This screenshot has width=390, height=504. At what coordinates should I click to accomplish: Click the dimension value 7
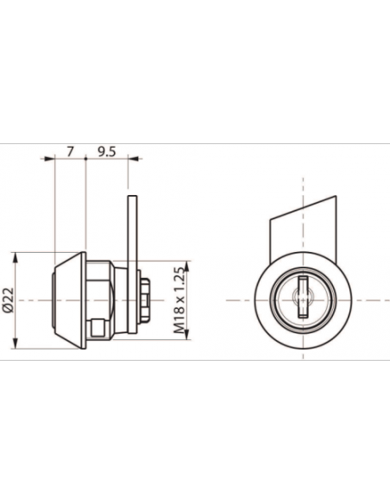point(71,151)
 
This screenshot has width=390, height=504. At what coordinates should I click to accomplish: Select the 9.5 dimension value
point(106,151)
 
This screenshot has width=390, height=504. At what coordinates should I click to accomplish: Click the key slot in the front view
point(303,297)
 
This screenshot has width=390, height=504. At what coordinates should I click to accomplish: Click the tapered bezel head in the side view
point(69,300)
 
